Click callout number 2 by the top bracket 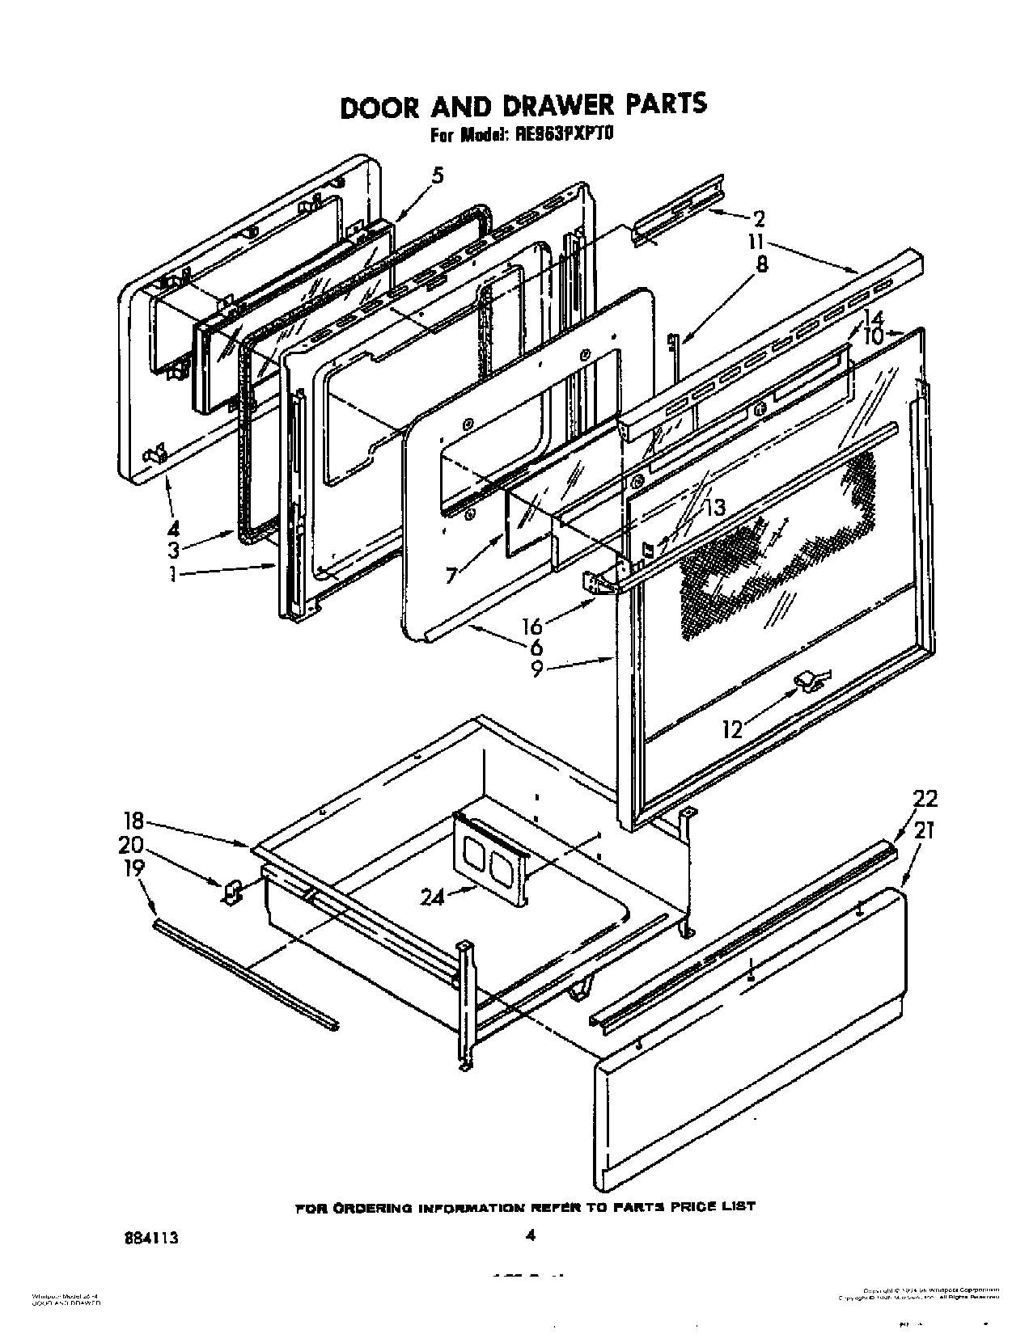pyautogui.click(x=759, y=219)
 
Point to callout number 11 pyautogui.click(x=756, y=242)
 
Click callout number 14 pyautogui.click(x=873, y=317)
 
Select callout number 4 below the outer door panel pyautogui.click(x=172, y=530)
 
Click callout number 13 pyautogui.click(x=714, y=508)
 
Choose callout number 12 pyautogui.click(x=731, y=729)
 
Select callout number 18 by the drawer pyautogui.click(x=133, y=821)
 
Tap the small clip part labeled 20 pyautogui.click(x=232, y=892)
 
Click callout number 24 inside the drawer pyautogui.click(x=433, y=897)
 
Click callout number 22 pyautogui.click(x=925, y=799)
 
